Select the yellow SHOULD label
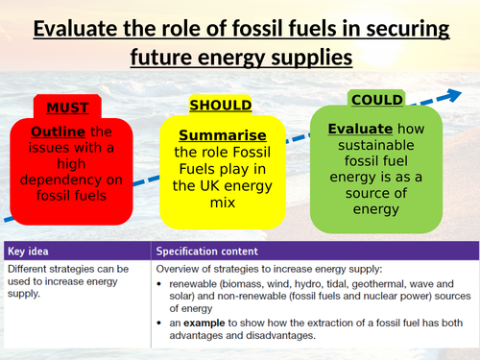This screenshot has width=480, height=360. (x=220, y=106)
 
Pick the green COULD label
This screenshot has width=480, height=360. (x=377, y=100)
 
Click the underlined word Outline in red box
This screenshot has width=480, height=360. (x=58, y=131)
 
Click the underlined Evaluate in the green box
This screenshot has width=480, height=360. (x=360, y=129)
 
